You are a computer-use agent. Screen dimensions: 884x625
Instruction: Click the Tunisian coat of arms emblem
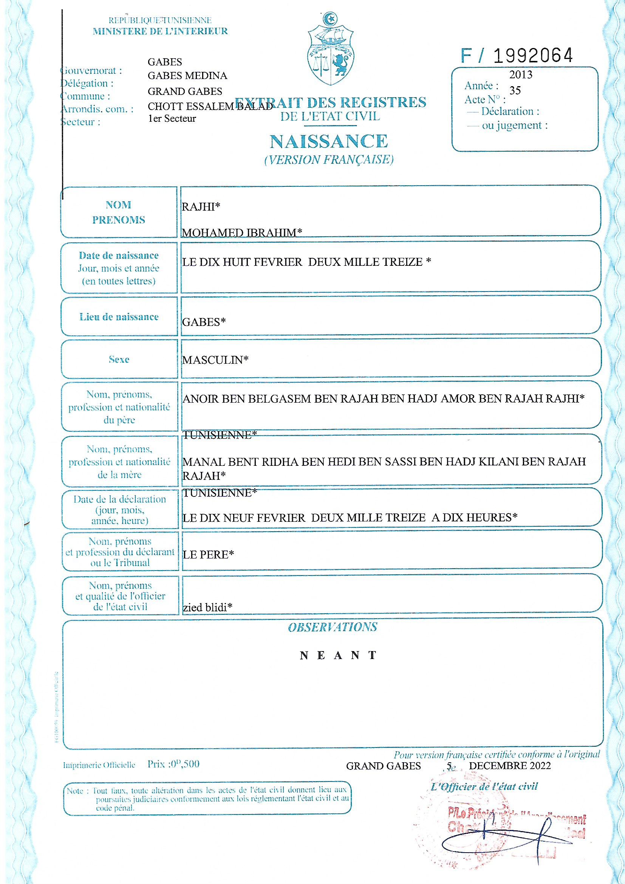331,50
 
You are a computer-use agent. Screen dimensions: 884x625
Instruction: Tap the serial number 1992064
533,56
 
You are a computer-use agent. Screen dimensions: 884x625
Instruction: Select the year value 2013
521,75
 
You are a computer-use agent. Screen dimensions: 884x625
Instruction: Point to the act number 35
515,90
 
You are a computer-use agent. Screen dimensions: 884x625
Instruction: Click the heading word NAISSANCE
329,141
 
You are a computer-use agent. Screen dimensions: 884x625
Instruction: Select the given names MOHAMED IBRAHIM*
242,233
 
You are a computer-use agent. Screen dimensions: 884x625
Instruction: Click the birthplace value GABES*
204,322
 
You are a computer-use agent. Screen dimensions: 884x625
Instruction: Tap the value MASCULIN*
215,360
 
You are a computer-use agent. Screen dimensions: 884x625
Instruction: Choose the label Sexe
119,360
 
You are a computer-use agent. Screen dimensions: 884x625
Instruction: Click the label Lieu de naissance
119,317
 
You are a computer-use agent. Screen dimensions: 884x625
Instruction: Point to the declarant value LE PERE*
208,554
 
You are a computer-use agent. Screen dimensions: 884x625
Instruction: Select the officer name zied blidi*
207,608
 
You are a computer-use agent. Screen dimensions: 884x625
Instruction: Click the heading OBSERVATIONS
333,627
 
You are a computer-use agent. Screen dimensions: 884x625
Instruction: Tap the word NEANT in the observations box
338,655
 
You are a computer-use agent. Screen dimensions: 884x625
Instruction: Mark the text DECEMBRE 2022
509,766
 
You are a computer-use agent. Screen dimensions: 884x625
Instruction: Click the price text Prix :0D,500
173,764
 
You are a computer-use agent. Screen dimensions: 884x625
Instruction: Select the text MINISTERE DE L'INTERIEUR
160,31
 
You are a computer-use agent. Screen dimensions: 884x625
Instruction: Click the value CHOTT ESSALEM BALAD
210,106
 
